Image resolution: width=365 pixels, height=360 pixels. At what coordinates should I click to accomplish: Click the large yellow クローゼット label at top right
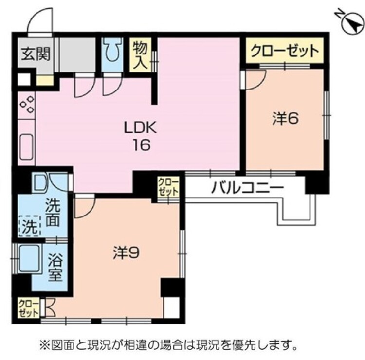(284, 51)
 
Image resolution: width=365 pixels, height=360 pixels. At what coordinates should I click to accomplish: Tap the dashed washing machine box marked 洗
(28, 226)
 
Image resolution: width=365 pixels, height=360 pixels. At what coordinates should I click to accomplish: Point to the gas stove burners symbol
(27, 105)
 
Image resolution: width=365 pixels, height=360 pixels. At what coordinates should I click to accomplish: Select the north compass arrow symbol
(351, 23)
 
